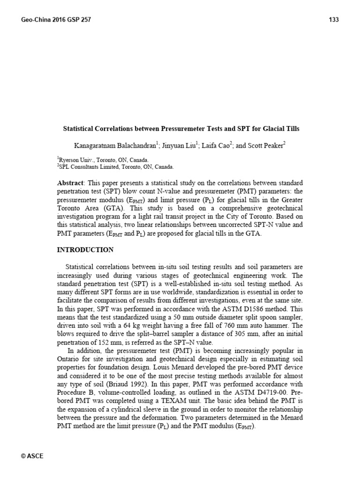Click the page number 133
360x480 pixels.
point(334,20)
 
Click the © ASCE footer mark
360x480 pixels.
point(32,456)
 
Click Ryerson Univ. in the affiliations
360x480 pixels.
point(75,159)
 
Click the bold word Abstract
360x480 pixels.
point(69,182)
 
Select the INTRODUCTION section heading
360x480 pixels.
point(85,250)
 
